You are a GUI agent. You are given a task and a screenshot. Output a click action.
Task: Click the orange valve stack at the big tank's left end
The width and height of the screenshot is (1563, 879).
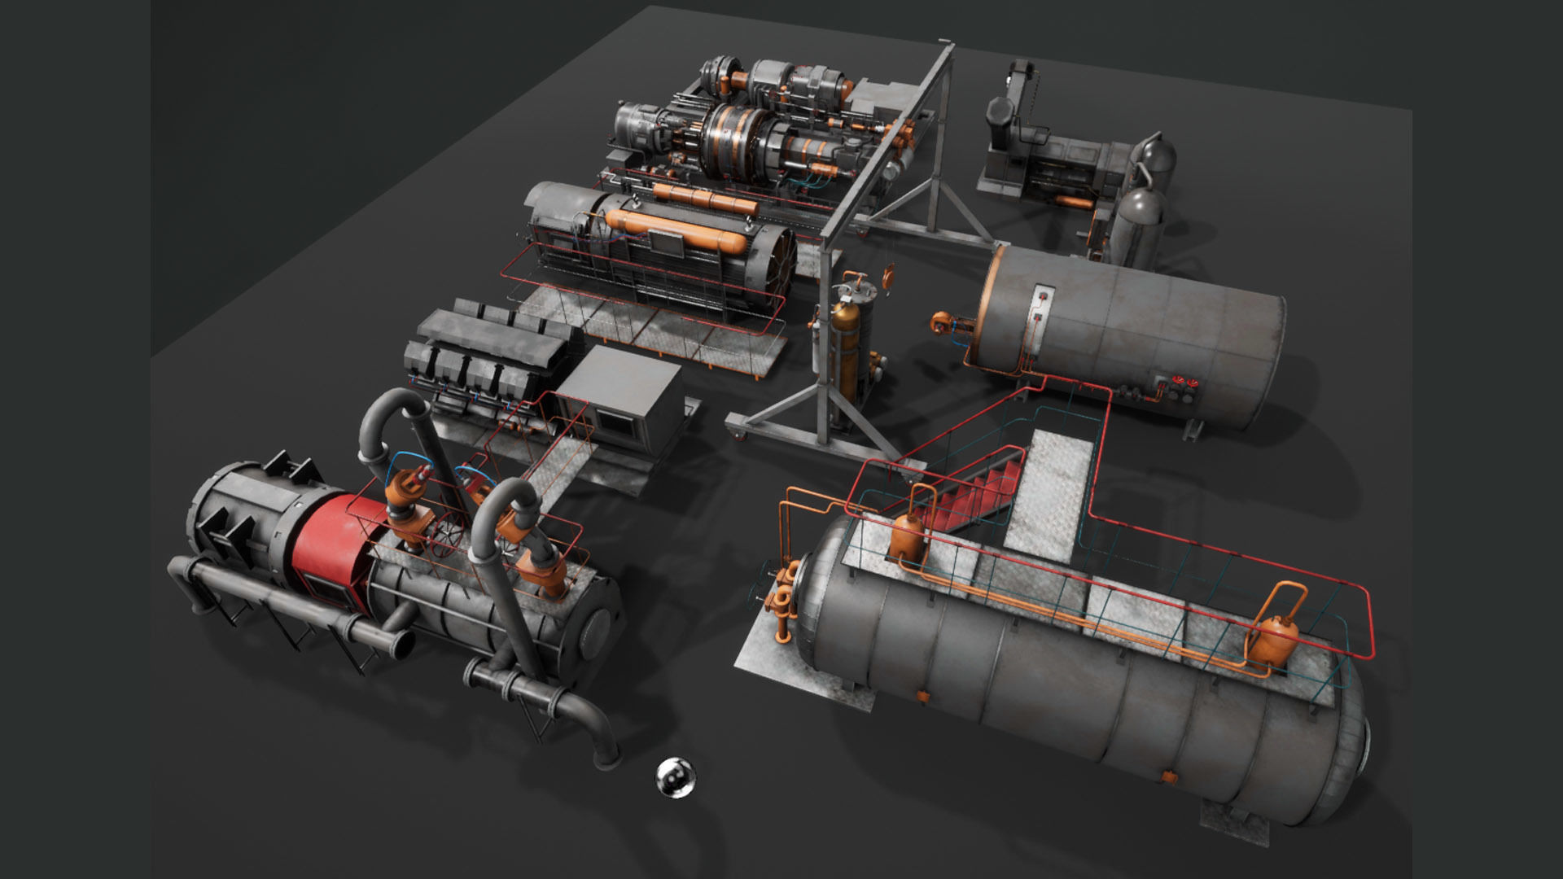tap(783, 598)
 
